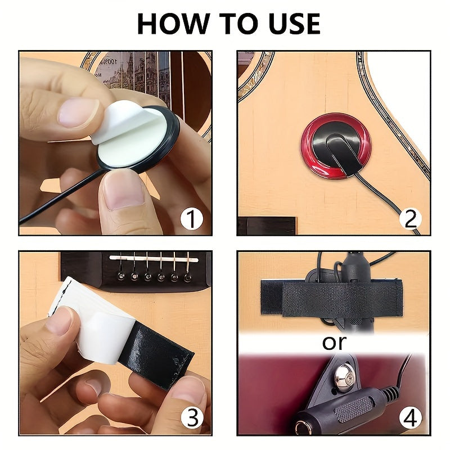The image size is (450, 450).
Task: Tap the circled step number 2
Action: [410, 218]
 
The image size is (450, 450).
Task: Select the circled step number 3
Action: [192, 418]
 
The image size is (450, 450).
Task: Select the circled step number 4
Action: [410, 418]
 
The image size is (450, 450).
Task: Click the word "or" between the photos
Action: [334, 342]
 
